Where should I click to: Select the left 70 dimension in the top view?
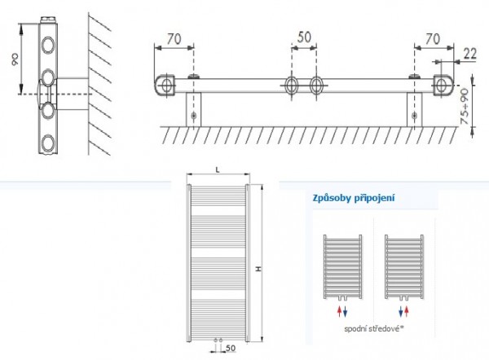tap(172, 37)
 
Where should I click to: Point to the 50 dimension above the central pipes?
tap(304, 37)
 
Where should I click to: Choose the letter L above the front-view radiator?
tap(218, 169)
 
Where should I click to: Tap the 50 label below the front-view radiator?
tap(232, 348)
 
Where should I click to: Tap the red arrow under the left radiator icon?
tap(337, 311)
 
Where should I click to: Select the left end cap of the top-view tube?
tap(165, 84)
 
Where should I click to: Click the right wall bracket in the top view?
tap(416, 111)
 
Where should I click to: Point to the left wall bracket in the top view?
tap(194, 111)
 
